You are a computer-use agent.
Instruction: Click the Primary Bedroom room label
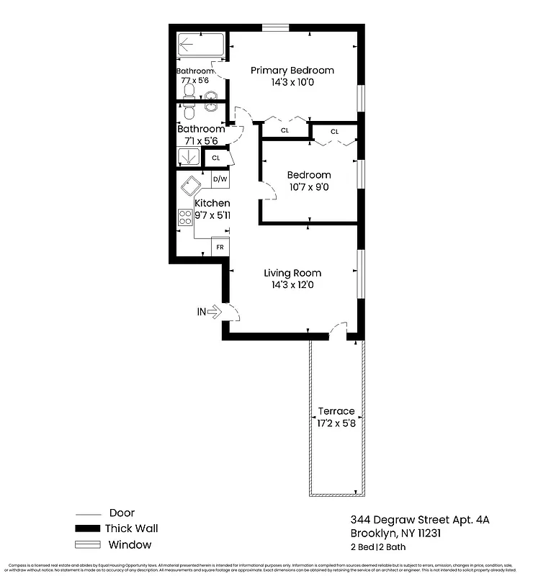click(292, 71)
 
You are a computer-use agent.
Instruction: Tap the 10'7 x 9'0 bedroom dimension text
click(309, 187)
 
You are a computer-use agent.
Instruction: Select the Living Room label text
click(292, 273)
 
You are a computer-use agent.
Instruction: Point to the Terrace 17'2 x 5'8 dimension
click(337, 423)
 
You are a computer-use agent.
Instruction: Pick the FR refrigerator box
click(220, 248)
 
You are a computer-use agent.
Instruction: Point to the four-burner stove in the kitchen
click(185, 217)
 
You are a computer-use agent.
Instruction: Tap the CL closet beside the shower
click(216, 158)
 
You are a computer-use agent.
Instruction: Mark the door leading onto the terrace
click(337, 330)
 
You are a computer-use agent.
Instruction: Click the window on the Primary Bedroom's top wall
click(276, 28)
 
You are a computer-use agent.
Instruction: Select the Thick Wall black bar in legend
click(87, 528)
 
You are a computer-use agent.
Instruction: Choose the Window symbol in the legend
click(87, 545)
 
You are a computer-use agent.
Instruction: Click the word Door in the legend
click(122, 513)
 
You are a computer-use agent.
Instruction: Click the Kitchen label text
click(212, 203)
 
